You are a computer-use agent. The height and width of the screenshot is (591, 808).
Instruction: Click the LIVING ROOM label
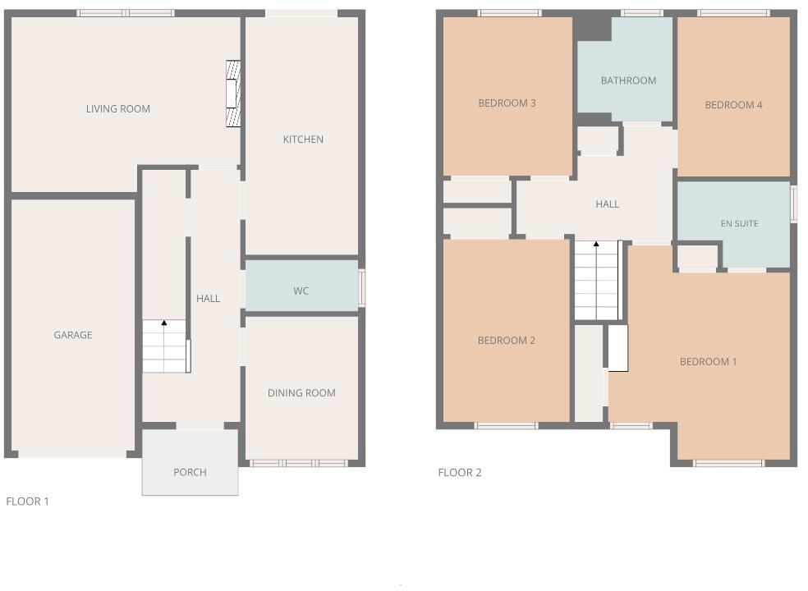coord(118,109)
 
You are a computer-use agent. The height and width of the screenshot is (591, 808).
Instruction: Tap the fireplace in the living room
coord(233,94)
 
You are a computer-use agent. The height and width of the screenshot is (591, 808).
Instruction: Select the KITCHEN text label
coord(303,140)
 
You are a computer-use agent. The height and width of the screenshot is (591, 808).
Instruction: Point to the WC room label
coord(301,291)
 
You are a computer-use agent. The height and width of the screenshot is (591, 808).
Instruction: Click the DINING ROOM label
coord(301,393)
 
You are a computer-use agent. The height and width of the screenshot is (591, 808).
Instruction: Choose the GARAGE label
coord(73,335)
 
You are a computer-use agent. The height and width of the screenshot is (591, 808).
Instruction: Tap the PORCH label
coord(190,473)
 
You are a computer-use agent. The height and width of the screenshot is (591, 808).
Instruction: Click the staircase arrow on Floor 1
coord(164,323)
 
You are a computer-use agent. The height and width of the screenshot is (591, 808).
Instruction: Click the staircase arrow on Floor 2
coord(596,245)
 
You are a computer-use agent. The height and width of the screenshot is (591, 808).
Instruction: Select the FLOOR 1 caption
coord(28,502)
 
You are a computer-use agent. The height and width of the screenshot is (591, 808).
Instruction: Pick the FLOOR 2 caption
coord(460,473)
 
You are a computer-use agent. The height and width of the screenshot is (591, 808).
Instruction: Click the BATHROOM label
coord(628,80)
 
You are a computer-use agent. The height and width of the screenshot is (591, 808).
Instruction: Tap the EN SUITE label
coord(739,224)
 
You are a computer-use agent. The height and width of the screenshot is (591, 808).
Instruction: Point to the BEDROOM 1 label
coord(708,362)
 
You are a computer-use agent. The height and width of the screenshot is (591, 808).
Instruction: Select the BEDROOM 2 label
coord(507,341)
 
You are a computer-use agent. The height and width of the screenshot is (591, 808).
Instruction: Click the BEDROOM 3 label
coord(507,103)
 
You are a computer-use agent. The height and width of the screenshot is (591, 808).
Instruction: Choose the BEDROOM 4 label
coord(733,105)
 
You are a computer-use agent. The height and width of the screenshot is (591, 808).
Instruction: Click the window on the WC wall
coord(362,288)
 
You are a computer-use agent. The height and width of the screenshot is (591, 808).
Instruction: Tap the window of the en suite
coord(794,204)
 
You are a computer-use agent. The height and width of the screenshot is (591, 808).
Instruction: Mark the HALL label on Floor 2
coord(608,204)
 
